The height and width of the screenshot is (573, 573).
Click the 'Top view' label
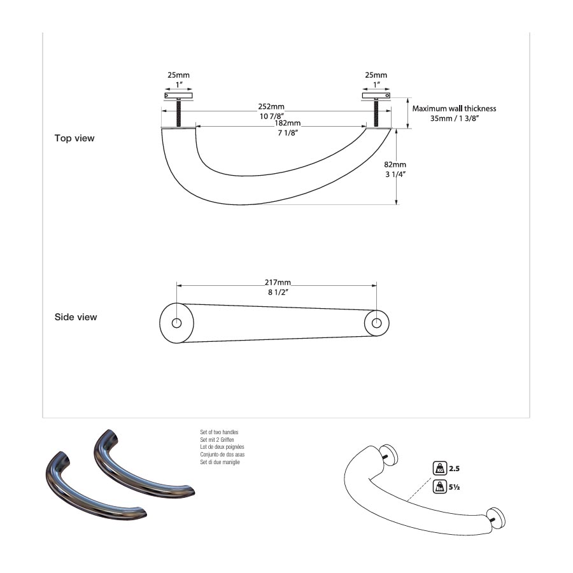click(x=74, y=138)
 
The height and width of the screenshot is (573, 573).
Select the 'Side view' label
click(x=76, y=317)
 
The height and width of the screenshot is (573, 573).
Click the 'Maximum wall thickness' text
click(x=454, y=108)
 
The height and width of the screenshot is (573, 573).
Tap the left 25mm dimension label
click(x=178, y=75)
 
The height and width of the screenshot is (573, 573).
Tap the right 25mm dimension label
click(x=376, y=75)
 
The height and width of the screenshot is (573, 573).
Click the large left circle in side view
click(x=176, y=322)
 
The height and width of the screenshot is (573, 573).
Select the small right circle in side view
click(x=377, y=323)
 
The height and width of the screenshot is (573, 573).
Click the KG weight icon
click(x=439, y=469)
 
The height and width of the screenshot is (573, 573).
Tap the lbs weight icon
click(x=439, y=487)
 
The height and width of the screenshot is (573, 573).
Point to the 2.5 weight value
click(x=454, y=469)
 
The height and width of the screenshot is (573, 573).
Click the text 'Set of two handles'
click(x=219, y=432)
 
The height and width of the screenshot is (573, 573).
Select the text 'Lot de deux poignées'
click(x=222, y=447)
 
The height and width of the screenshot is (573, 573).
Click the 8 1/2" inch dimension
click(x=278, y=293)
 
